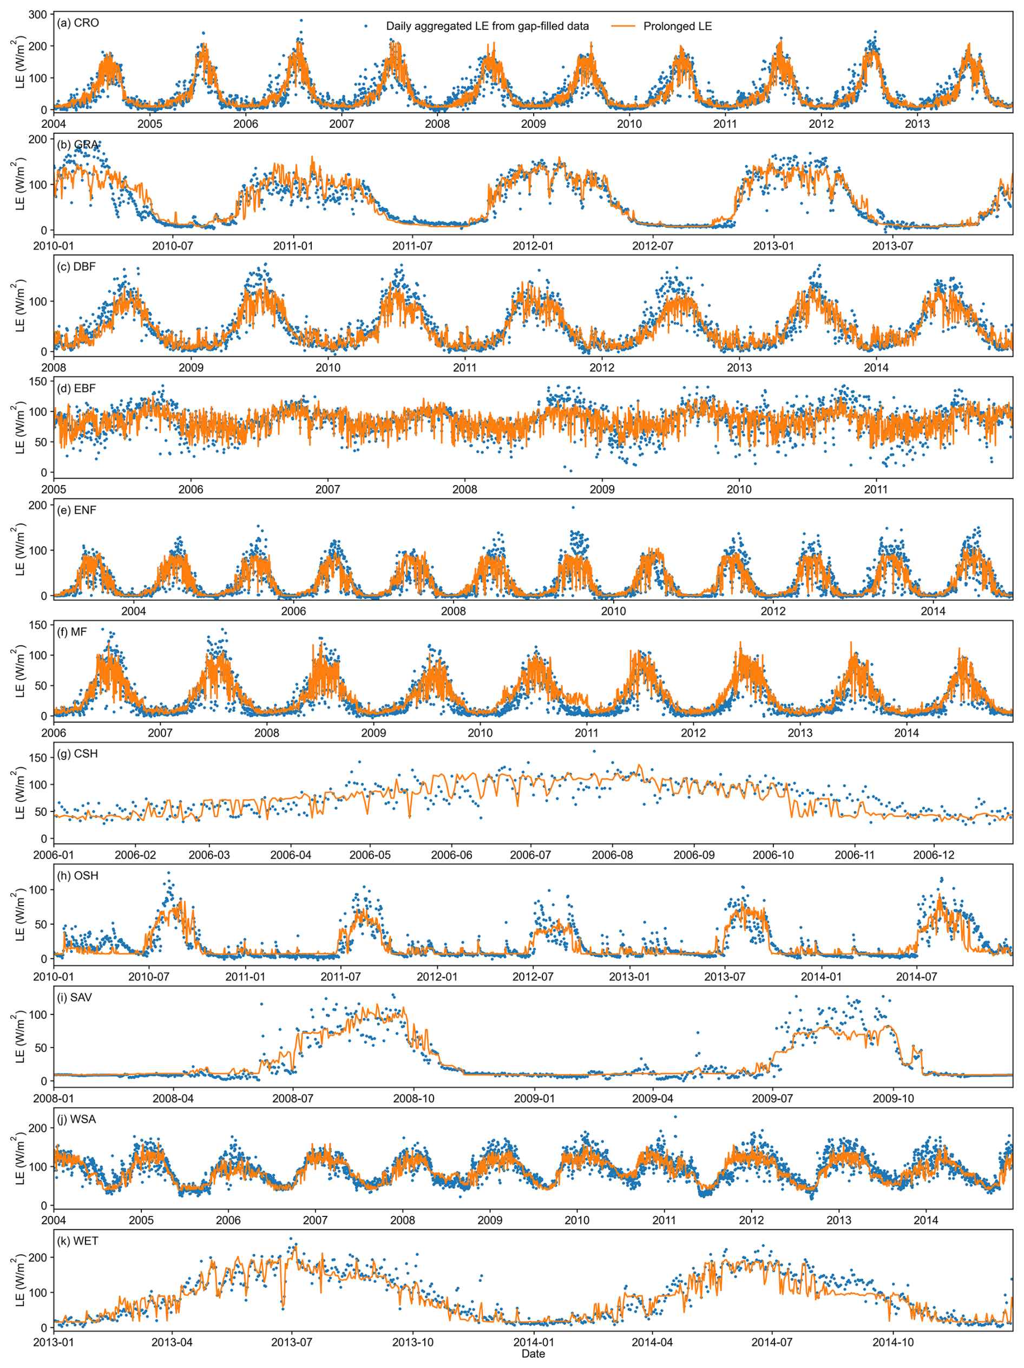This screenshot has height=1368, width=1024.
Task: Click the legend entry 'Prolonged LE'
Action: [677, 26]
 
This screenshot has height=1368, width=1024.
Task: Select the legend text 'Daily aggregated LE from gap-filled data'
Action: [487, 26]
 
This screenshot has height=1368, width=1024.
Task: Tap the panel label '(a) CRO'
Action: [78, 23]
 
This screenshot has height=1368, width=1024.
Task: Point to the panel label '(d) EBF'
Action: [77, 388]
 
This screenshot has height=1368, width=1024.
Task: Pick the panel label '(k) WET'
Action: [77, 1241]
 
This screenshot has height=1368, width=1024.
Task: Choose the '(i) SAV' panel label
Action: [75, 998]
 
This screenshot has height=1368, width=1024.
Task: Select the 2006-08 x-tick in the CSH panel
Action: [612, 855]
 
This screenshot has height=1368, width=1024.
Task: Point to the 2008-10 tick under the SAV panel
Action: [413, 1099]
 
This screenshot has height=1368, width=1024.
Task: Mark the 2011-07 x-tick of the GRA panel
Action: [412, 246]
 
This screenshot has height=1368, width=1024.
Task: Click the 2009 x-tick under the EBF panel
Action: [602, 489]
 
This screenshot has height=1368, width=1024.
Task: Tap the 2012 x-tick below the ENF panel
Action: [773, 611]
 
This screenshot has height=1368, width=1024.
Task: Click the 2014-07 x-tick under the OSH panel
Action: [916, 977]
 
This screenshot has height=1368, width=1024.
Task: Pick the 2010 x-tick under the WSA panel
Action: [577, 1220]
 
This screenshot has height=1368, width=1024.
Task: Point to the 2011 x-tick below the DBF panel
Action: [465, 368]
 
